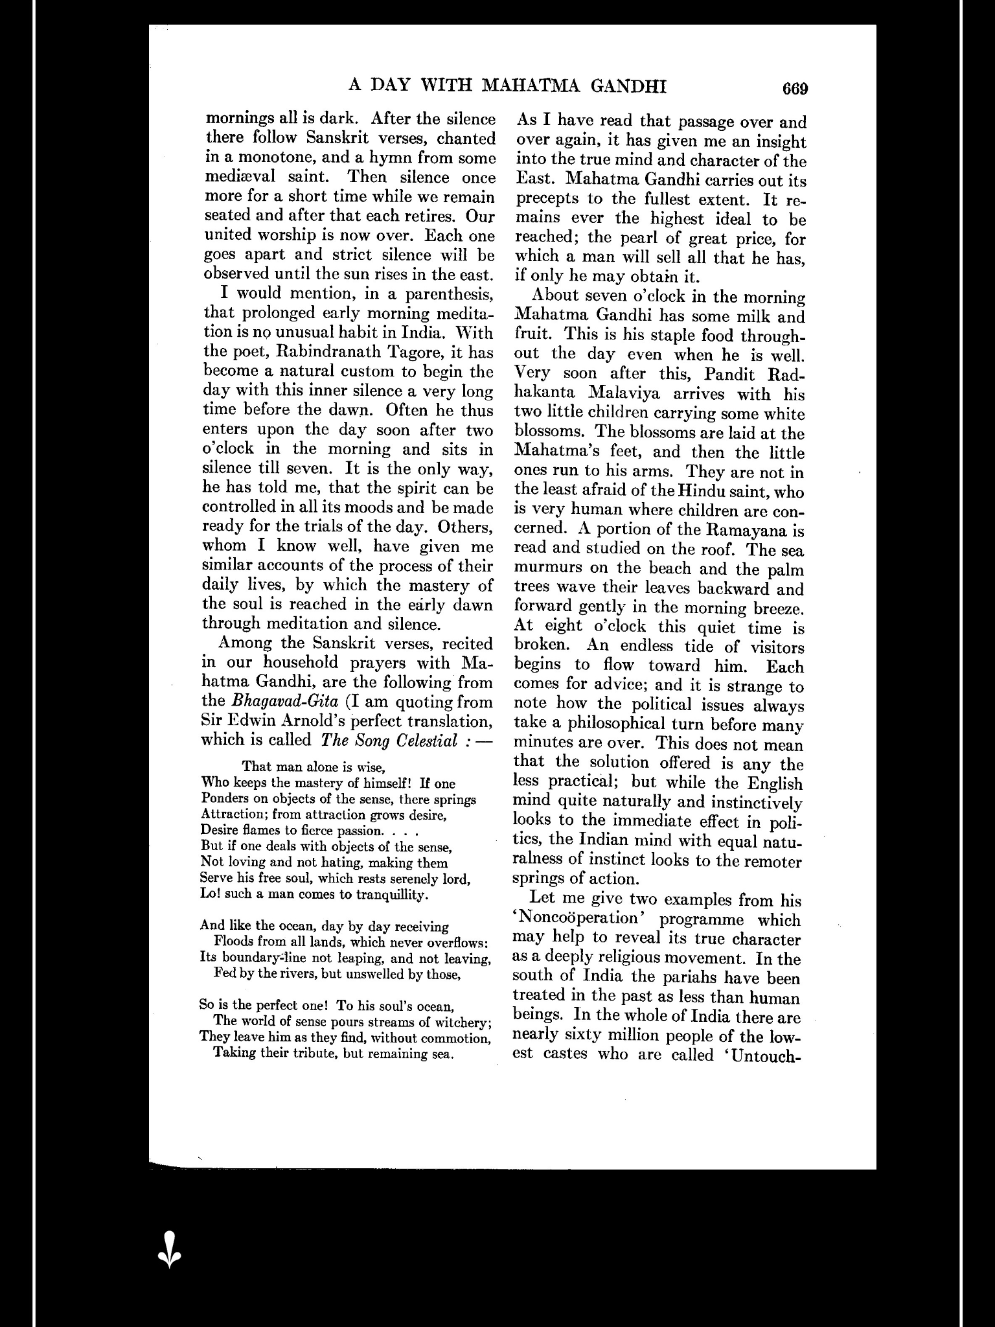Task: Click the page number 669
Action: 795,88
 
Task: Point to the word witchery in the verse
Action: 464,1022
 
